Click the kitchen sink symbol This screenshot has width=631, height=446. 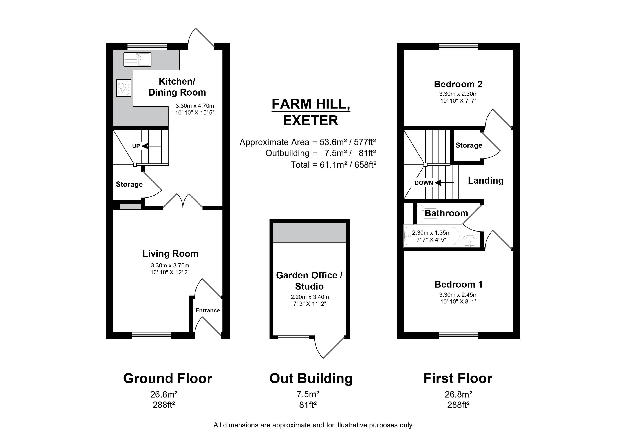tap(137, 59)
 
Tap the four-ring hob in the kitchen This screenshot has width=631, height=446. tap(124, 88)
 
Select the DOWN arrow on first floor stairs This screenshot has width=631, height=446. tap(444, 183)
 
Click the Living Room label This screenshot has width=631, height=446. tap(170, 254)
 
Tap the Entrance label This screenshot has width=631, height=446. tap(208, 310)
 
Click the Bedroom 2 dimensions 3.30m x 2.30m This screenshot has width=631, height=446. tap(458, 94)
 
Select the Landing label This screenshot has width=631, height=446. tap(486, 180)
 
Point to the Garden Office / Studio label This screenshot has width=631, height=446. tap(309, 281)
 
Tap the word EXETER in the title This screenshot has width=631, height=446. tap(311, 121)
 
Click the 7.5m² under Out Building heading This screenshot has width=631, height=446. tap(308, 394)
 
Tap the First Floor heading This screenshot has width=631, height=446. tap(458, 378)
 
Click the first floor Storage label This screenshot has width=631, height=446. tap(469, 145)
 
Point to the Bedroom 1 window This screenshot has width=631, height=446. tap(458, 335)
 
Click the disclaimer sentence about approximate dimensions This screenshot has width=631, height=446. tap(314, 425)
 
